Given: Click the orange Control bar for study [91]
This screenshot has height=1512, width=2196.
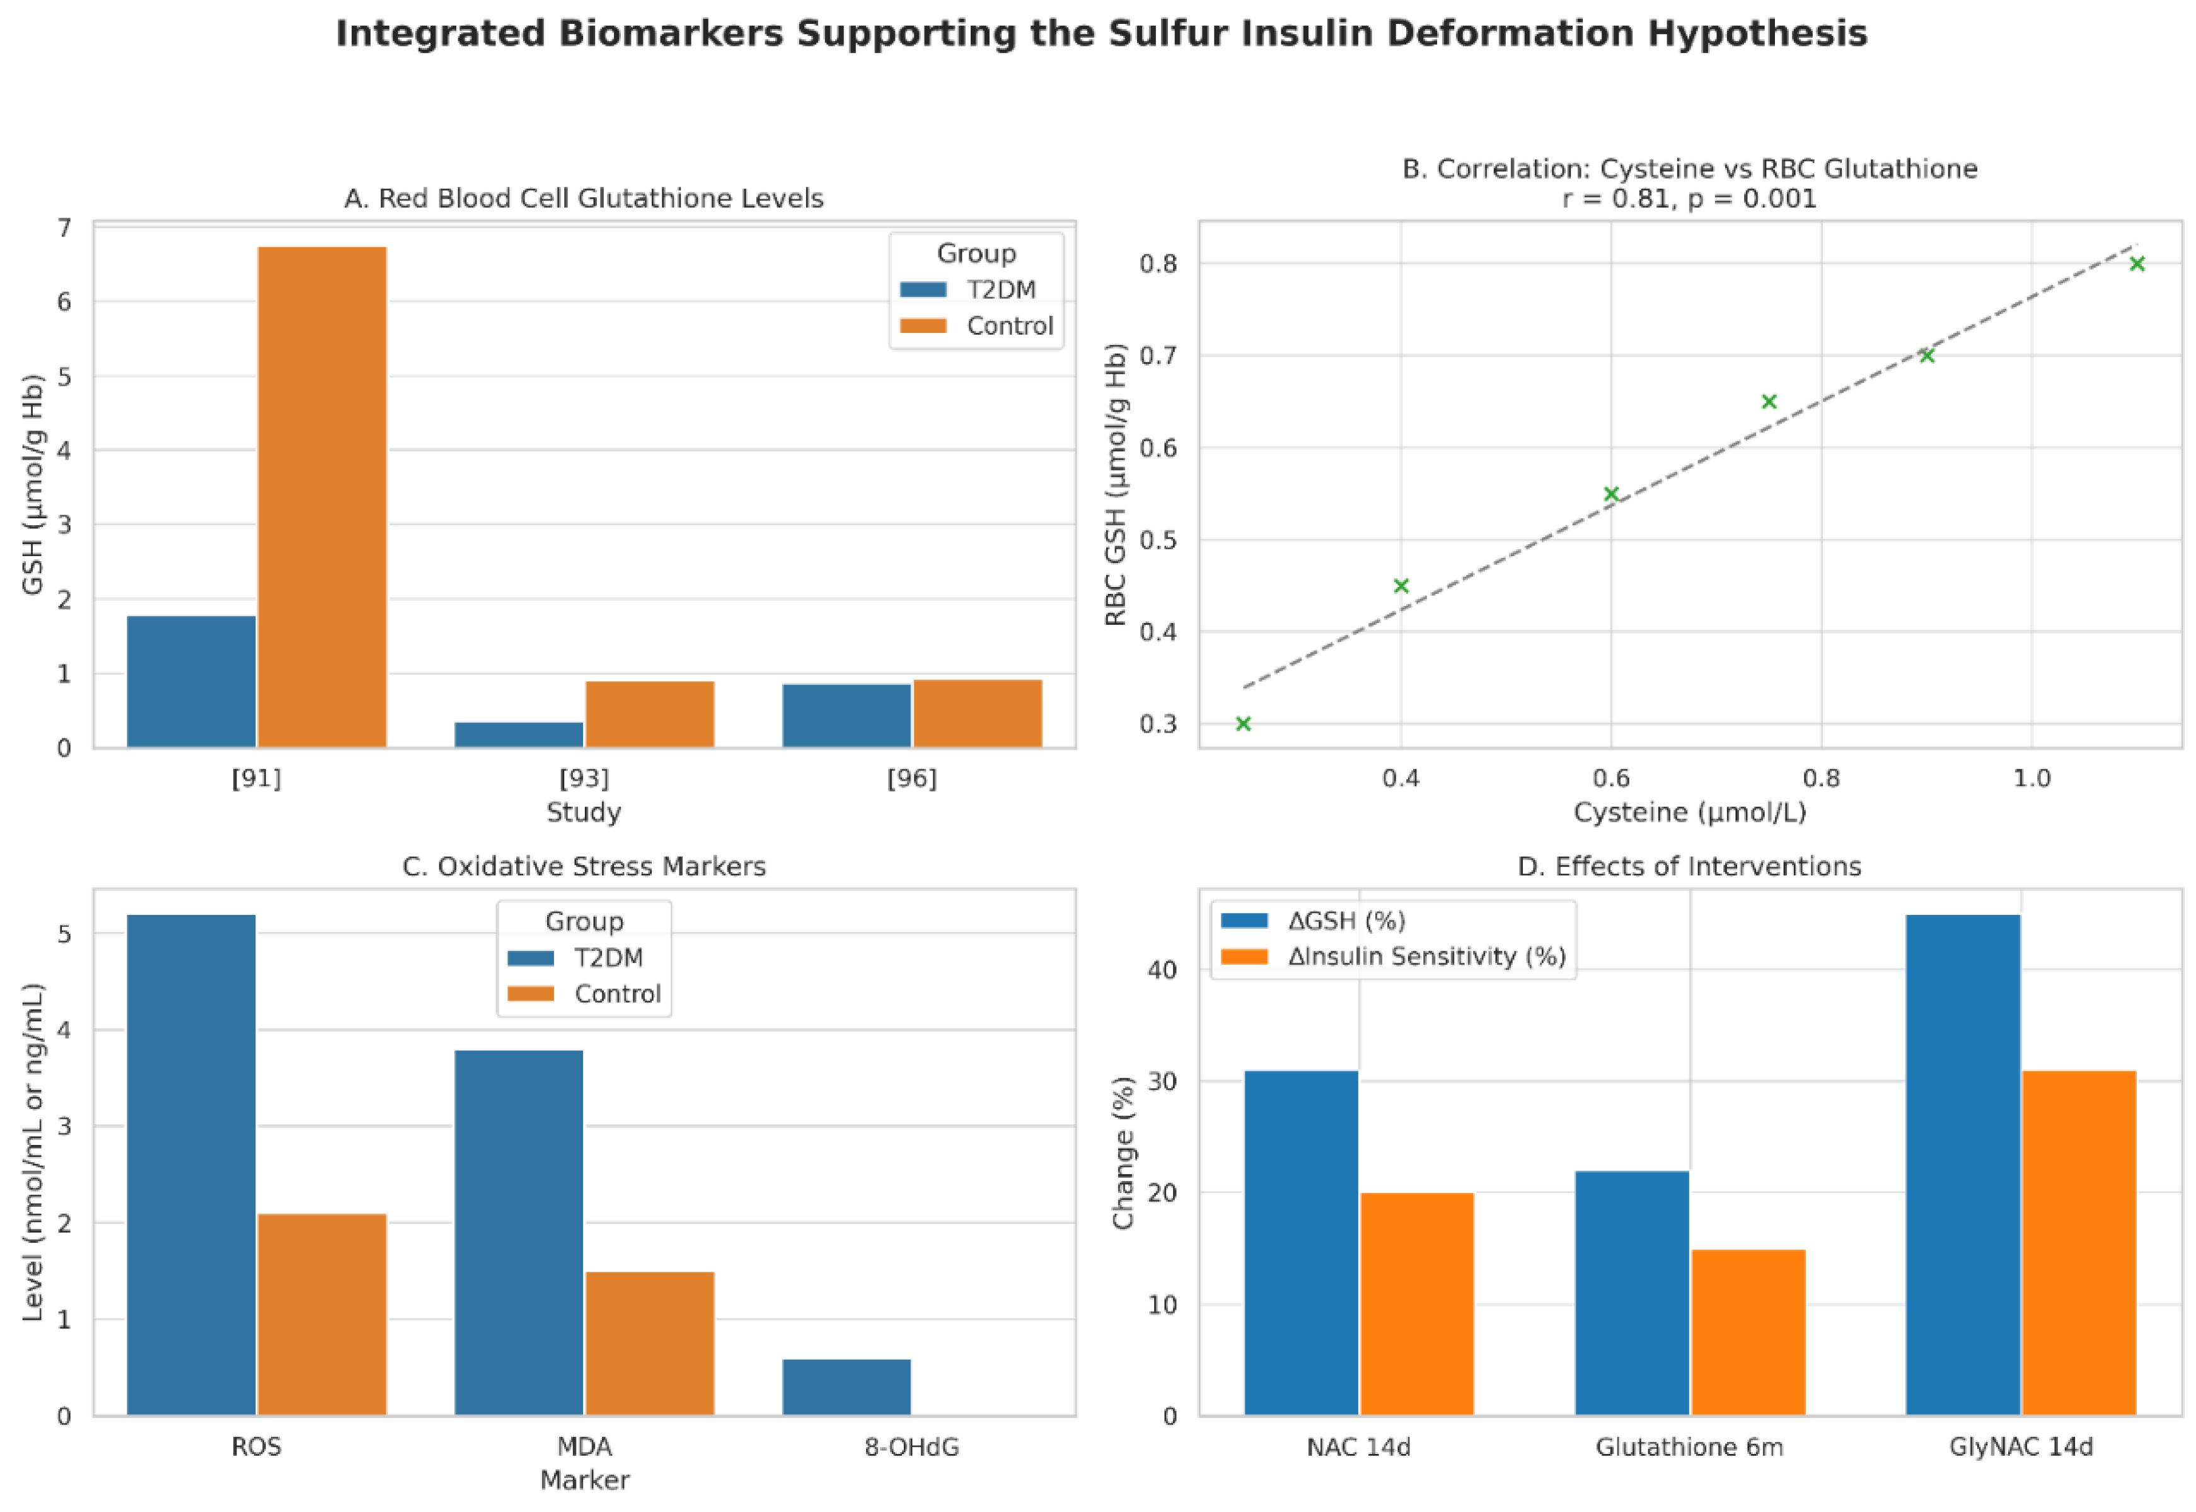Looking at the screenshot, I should [x=322, y=497].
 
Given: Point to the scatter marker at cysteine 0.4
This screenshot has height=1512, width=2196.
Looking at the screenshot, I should [x=1402, y=586].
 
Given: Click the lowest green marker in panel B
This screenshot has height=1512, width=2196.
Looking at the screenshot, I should [x=1244, y=724].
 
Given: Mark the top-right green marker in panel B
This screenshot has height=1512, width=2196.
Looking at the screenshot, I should [x=2137, y=264].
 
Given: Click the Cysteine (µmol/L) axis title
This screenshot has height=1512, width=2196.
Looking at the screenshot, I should [x=1689, y=812].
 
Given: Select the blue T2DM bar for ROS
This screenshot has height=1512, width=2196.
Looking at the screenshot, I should [x=191, y=1165].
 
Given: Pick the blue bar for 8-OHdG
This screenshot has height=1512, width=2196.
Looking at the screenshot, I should [x=847, y=1387].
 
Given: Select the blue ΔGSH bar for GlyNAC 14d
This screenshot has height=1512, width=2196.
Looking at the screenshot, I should [x=1962, y=1165].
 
